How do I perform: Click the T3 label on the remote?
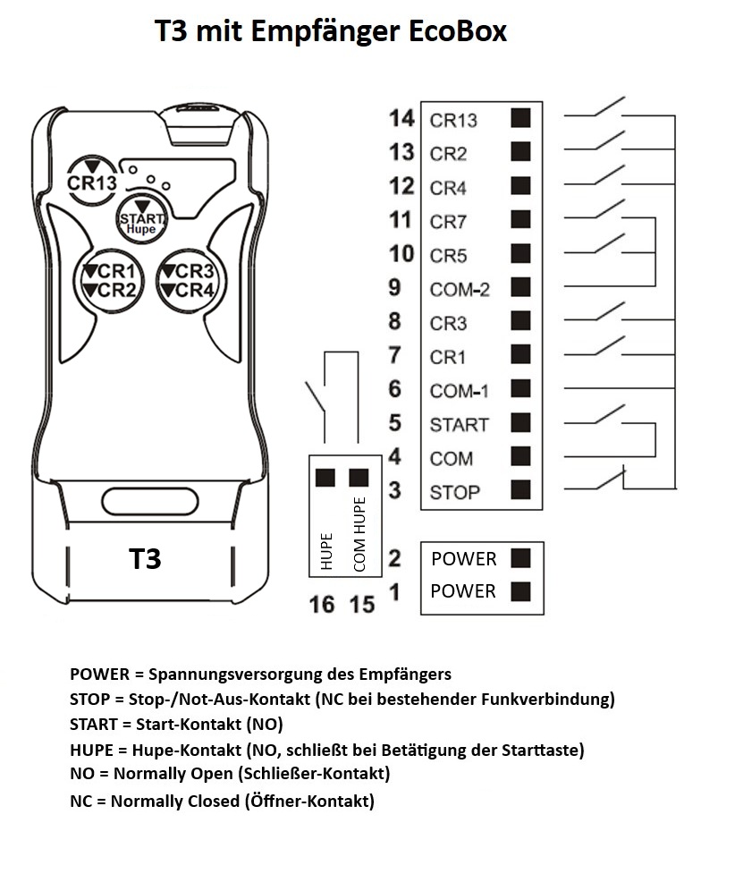pos(145,559)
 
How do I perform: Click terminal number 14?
pos(402,118)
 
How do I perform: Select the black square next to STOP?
pos(520,490)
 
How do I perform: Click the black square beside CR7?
pos(520,220)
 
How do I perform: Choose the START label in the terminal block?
pos(459,425)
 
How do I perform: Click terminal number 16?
pos(322,605)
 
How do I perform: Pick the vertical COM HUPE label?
pos(360,534)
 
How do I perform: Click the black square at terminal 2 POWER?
pos(520,558)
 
